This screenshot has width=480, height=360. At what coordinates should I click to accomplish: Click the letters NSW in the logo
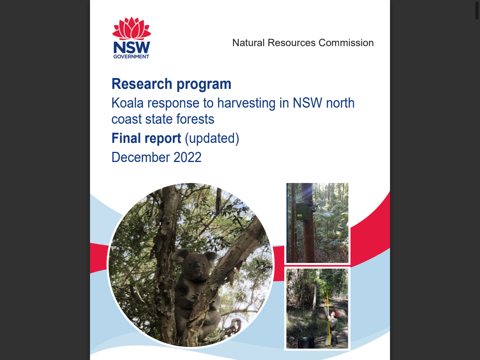click(132, 47)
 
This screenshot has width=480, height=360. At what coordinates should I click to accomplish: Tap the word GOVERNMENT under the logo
click(131, 57)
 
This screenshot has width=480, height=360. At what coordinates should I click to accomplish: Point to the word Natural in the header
click(249, 43)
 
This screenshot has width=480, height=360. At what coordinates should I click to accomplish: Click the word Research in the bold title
click(142, 84)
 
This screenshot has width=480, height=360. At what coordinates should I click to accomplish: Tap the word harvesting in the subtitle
click(246, 103)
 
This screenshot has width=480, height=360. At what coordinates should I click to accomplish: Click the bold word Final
click(126, 138)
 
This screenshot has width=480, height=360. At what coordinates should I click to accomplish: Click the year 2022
click(187, 157)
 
